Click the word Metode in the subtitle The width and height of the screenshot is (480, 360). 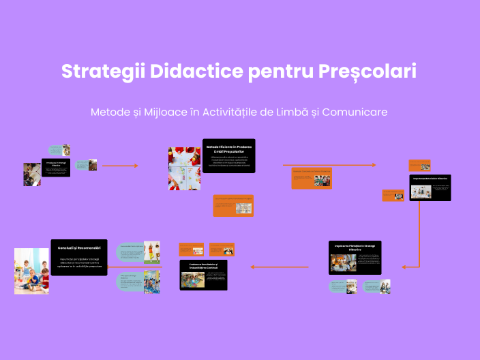(112, 112)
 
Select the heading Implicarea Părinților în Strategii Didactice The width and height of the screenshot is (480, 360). (355, 247)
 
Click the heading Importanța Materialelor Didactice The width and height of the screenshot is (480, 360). (430, 179)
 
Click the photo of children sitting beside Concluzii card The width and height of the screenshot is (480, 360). (32, 271)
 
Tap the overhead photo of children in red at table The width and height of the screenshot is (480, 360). (184, 168)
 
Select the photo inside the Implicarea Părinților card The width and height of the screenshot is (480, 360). (343, 263)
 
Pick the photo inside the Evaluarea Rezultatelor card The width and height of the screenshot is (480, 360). (191, 280)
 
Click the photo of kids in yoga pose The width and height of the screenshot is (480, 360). (152, 250)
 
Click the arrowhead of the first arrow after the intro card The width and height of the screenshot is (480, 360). (136, 166)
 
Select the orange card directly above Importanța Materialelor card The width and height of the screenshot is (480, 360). (419, 165)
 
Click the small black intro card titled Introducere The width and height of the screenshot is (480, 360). (56, 168)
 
